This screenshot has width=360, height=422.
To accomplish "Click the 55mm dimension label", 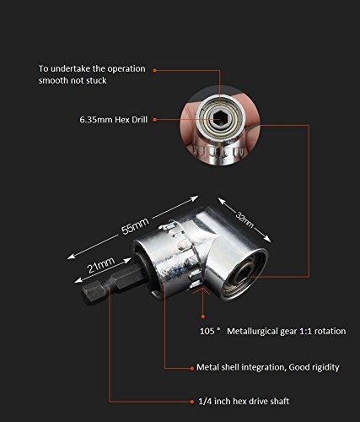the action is pyautogui.click(x=135, y=226).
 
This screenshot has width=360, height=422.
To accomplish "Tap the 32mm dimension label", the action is pyautogui.click(x=244, y=219).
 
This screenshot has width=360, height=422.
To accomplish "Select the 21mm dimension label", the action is pyautogui.click(x=101, y=265).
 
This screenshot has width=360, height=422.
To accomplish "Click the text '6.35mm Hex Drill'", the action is pyautogui.click(x=114, y=120).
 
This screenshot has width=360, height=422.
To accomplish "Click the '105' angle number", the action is pyautogui.click(x=207, y=331).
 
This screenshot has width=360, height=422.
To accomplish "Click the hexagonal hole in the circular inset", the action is pyautogui.click(x=219, y=120).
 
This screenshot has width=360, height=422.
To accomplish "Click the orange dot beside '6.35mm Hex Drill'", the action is pyautogui.click(x=154, y=120).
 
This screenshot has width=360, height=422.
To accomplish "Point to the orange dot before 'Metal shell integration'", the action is pyautogui.click(x=192, y=368).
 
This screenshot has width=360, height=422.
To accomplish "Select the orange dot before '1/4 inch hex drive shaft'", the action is pyautogui.click(x=192, y=402).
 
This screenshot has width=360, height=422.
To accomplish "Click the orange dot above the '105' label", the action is pyautogui.click(x=203, y=316).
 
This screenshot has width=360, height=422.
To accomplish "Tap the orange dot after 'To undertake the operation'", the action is pyautogui.click(x=154, y=70).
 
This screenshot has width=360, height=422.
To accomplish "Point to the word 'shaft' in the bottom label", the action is pyautogui.click(x=279, y=401).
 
